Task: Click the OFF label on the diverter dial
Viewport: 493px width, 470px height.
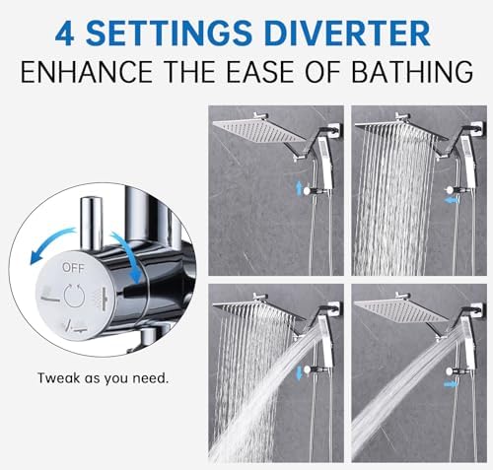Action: (72, 266)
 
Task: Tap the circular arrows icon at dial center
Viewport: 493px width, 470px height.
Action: (73, 294)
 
